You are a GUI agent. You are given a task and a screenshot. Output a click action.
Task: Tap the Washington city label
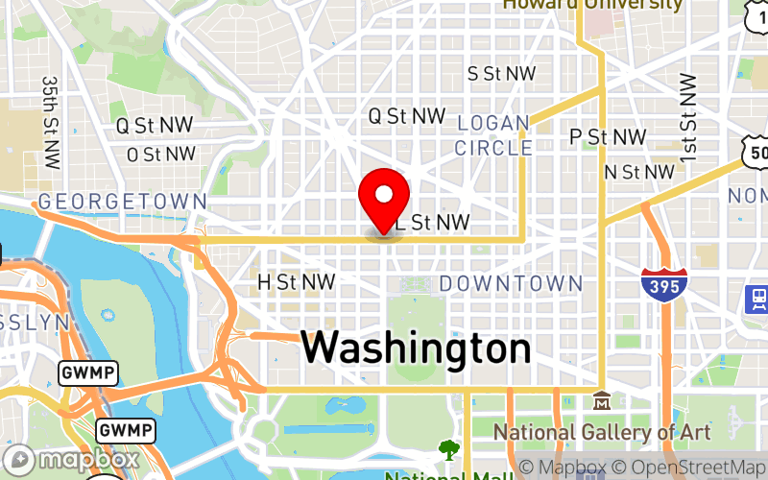click(416, 348)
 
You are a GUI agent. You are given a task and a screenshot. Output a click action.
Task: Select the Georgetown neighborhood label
click(122, 202)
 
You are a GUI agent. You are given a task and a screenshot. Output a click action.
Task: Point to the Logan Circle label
click(493, 135)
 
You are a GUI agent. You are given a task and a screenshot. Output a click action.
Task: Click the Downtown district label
click(511, 283)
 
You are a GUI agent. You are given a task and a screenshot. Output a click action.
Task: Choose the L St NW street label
click(433, 223)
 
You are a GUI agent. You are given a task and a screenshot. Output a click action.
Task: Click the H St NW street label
click(297, 282)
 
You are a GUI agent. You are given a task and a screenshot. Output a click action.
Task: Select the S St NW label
click(501, 74)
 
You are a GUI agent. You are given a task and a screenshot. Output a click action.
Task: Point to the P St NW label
click(608, 137)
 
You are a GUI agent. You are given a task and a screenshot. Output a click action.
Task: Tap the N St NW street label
click(639, 172)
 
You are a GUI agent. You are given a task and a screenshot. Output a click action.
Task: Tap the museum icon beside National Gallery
click(602, 398)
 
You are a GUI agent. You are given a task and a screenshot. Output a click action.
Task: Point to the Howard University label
click(593, 5)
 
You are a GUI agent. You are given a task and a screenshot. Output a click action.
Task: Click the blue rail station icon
click(757, 299)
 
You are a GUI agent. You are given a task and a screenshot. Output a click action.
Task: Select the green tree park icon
click(448, 448)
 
